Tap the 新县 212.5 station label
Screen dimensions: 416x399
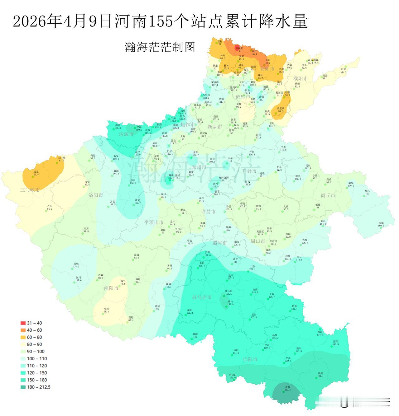coord(287,388)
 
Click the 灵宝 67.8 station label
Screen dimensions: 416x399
coord(36,173)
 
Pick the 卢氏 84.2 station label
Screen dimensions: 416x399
coord(49,208)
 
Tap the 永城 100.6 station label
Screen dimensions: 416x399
coord(381,224)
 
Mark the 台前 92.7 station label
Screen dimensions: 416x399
coord(343,70)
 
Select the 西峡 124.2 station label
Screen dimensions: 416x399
coord(76,265)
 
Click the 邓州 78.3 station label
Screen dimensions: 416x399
coord(106,310)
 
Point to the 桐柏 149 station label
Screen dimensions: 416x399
coord(195,335)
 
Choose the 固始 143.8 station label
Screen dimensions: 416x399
coord(335,343)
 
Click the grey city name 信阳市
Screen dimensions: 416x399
coord(250,359)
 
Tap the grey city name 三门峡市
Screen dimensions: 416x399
coord(30,190)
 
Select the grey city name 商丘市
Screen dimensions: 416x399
coord(328,195)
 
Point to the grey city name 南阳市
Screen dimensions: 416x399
coord(111,288)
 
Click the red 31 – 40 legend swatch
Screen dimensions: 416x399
coord(23,323)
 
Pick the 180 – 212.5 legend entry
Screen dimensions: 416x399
coord(36,387)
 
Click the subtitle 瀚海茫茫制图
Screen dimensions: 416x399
coord(160,47)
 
